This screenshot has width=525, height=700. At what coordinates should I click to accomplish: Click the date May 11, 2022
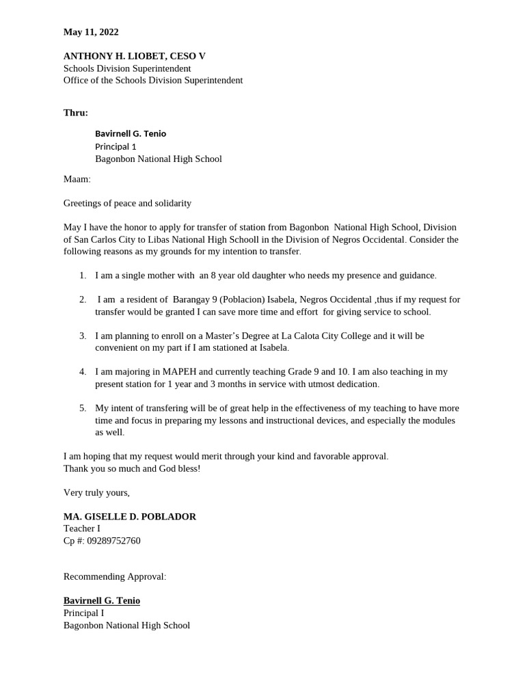(x=91, y=32)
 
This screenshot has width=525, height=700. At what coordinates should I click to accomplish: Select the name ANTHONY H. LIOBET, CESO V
(x=134, y=56)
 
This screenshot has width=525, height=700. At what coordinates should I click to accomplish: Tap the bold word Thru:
(x=76, y=113)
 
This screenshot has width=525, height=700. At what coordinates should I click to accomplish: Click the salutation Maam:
(x=77, y=179)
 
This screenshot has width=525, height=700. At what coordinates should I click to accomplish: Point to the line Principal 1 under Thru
(x=116, y=146)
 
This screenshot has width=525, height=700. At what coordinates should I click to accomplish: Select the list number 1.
(x=83, y=275)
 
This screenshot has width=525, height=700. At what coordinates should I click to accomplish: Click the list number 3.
(x=83, y=336)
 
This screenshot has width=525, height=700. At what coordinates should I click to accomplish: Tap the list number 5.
(x=83, y=408)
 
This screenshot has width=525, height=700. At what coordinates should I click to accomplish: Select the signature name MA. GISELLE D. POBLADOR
(x=130, y=517)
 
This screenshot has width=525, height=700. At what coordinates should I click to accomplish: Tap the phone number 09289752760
(x=113, y=541)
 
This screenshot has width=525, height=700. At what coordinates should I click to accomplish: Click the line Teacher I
(x=82, y=528)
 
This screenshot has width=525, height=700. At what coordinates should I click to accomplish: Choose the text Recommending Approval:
(x=115, y=576)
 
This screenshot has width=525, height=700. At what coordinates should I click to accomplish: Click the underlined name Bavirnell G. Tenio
(x=102, y=601)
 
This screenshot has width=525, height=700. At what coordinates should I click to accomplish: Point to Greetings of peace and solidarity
(x=127, y=203)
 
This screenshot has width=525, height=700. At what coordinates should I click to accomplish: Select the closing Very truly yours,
(x=96, y=492)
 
